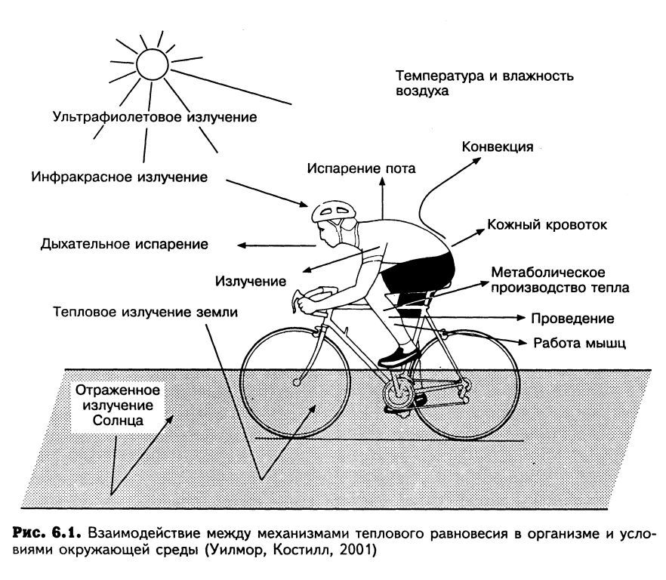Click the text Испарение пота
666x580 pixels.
360,168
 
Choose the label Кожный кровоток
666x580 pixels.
547,225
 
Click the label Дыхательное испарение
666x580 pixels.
125,245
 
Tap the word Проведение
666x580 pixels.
572,318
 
